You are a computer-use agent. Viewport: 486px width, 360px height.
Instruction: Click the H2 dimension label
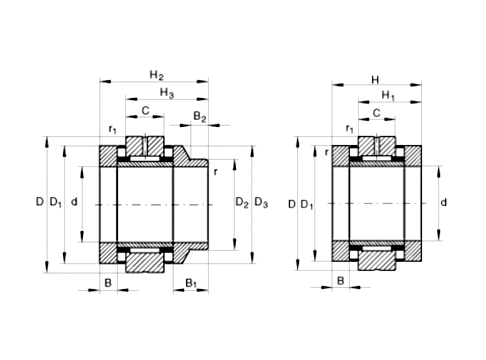155,75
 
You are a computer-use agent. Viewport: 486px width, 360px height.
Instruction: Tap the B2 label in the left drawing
199,118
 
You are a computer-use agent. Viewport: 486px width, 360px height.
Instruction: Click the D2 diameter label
241,204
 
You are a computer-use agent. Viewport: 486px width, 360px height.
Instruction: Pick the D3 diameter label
261,204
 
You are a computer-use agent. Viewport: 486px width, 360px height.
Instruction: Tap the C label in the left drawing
146,111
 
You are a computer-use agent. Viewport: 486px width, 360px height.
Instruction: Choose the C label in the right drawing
376,113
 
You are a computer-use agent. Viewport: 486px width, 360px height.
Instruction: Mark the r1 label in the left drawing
113,130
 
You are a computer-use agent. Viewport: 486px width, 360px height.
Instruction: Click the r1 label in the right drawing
348,129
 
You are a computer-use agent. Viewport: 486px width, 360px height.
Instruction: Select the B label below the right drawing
340,281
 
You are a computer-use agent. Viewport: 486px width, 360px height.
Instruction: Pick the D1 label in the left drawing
56,204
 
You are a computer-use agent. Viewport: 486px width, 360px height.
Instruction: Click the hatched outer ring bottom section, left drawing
146,261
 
